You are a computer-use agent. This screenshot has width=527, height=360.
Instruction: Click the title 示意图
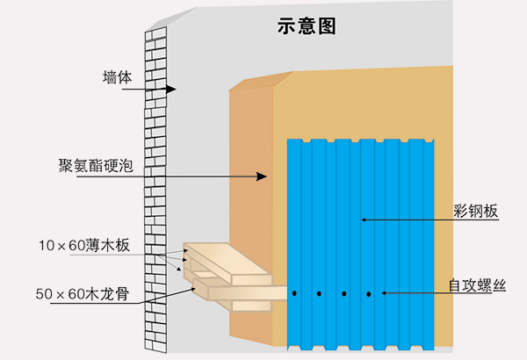click(301, 26)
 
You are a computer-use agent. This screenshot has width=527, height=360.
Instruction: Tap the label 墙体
click(117, 76)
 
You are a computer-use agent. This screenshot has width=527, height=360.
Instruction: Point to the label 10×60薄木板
click(84, 245)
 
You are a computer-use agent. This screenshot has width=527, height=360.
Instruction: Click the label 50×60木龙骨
click(84, 293)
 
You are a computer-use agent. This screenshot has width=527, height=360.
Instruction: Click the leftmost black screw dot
click(296, 293)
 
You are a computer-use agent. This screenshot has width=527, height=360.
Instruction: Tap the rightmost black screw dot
click(369, 293)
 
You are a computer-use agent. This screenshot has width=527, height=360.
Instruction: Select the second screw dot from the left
click(320, 293)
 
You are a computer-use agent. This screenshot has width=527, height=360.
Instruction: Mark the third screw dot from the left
click(344, 293)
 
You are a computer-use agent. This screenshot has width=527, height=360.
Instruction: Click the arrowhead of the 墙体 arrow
click(172, 90)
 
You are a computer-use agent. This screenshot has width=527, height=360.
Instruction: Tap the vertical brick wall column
click(155, 193)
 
